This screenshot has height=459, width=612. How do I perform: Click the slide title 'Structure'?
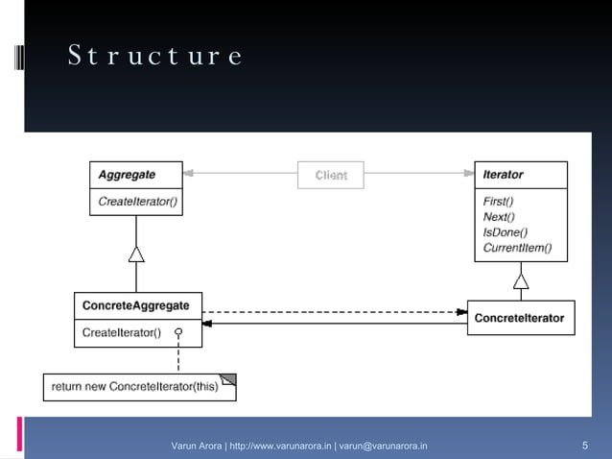154,57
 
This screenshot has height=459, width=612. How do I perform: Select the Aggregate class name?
127,176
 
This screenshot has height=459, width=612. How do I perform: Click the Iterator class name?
504,175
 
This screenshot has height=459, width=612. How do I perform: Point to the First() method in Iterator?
498,202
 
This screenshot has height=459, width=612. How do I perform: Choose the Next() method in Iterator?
498,217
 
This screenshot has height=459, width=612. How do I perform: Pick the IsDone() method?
505,232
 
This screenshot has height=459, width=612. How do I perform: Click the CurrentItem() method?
517,248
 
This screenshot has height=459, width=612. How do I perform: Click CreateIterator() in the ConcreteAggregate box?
121,332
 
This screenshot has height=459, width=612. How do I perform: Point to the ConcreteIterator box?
521,318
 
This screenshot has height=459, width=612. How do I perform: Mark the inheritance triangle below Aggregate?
136,254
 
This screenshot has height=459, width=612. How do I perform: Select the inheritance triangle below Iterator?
521,280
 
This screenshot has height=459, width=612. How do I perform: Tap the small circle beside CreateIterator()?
178,332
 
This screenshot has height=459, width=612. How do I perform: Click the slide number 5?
585,446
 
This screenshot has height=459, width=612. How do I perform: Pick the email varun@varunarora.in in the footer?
384,446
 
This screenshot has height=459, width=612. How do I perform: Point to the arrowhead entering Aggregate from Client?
189,175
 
